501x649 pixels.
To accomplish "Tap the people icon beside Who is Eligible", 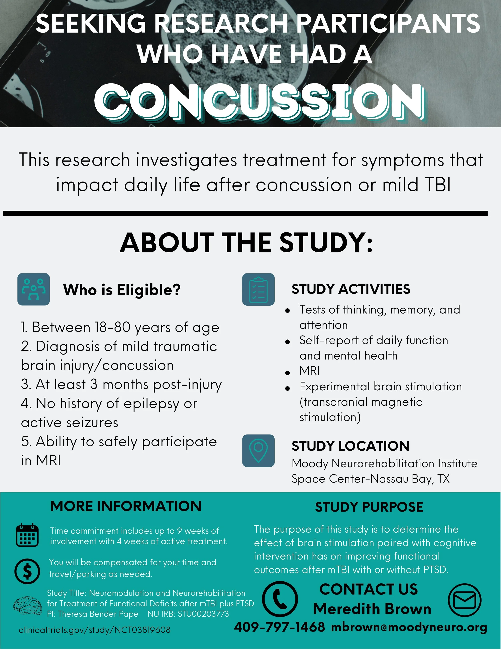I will [x=33, y=289].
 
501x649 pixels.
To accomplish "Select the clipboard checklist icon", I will [x=258, y=289].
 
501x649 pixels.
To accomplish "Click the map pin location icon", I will [x=258, y=451].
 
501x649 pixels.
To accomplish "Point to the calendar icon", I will [x=27, y=535].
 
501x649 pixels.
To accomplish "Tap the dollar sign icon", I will [x=27, y=571].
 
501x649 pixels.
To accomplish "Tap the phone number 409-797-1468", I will [x=280, y=627].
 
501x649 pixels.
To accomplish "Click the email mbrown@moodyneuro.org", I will [x=409, y=627].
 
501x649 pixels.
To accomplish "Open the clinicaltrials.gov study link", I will [x=94, y=630].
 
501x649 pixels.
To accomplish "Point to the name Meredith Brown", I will [x=372, y=609].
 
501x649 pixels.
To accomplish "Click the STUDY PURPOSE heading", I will [x=369, y=507].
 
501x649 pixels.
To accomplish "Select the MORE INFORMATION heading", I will [x=126, y=506].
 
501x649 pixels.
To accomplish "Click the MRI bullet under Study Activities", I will [x=310, y=371].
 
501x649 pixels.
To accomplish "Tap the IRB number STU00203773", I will [x=203, y=614].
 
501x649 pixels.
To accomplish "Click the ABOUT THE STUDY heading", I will [x=246, y=243].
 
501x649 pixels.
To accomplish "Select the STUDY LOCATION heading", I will [x=350, y=446].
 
